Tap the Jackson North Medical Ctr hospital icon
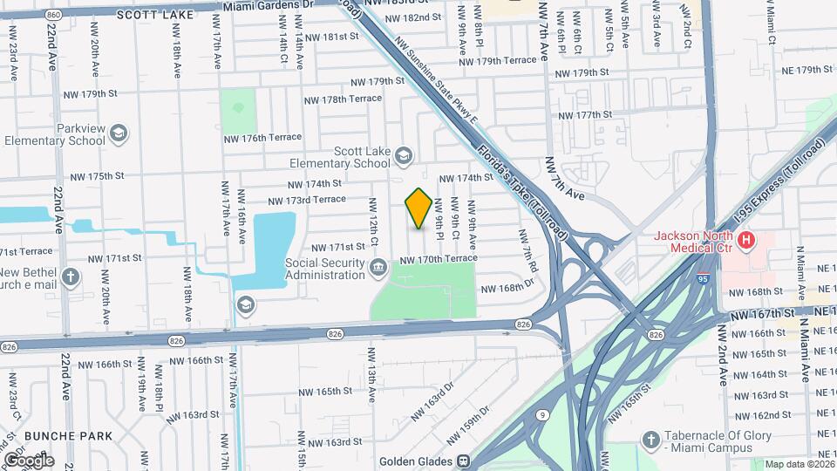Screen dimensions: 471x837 tap(745, 239)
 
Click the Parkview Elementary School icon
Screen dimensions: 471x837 tap(119, 133)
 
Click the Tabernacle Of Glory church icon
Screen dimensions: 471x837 tap(650, 441)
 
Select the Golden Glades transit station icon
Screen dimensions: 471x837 tap(464, 462)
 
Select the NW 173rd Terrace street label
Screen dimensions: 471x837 tap(316, 200)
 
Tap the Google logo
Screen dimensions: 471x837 tap(28, 460)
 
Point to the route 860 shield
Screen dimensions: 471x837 tap(54, 15)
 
